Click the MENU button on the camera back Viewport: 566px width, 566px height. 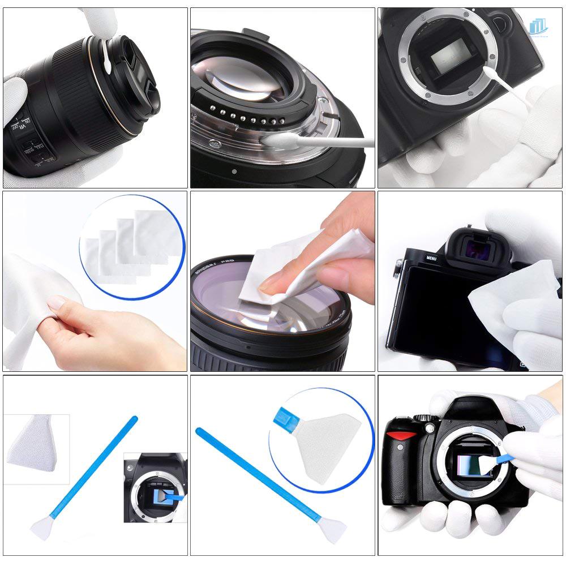(x=431, y=259)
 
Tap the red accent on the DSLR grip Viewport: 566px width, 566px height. (x=401, y=436)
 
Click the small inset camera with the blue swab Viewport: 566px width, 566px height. (x=155, y=487)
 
